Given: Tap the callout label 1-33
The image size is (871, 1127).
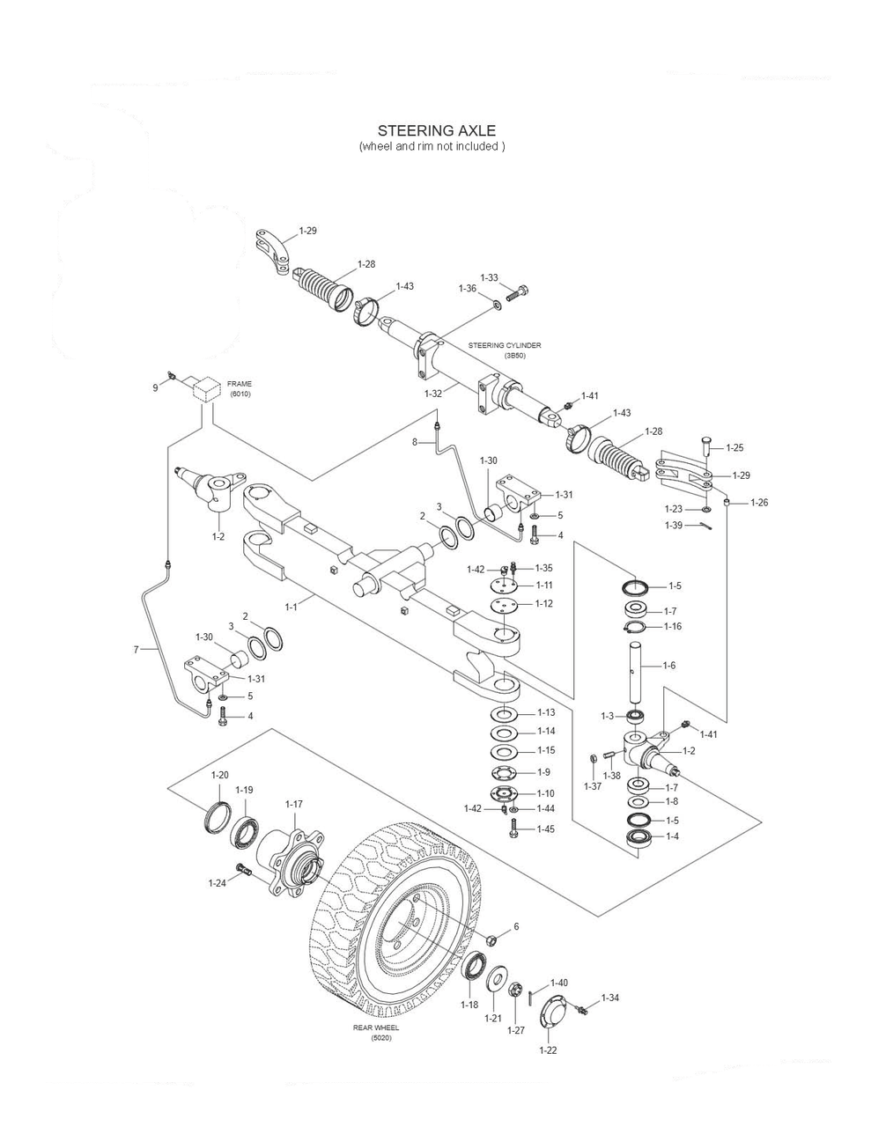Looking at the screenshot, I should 490,278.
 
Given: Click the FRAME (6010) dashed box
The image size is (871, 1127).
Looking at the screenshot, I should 206,388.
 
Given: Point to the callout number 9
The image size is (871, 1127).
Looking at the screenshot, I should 156,387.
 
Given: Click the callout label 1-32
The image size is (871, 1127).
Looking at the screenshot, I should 433,394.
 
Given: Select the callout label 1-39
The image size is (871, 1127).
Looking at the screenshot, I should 674,526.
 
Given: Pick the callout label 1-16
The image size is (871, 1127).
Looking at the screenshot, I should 672,626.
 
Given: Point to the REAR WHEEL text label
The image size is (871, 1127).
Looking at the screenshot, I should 377,1028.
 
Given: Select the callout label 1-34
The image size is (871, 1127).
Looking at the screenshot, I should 610,998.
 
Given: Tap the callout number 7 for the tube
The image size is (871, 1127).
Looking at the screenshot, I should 137,650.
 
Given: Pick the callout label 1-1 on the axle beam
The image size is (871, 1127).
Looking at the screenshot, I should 291,606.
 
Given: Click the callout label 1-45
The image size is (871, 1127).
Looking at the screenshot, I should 546,829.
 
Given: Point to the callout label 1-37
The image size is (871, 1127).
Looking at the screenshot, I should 593,786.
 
